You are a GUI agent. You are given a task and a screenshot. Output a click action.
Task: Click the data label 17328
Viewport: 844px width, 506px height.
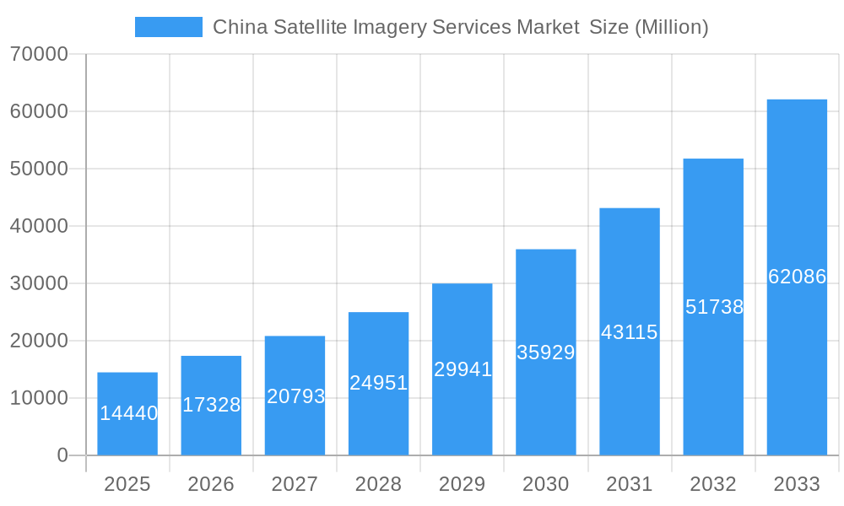(211, 405)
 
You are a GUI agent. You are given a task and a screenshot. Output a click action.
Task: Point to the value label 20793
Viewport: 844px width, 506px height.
(295, 396)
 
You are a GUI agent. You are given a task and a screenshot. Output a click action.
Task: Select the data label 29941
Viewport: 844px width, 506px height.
(463, 369)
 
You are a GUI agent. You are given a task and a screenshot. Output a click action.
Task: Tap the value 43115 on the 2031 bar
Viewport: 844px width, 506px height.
(629, 332)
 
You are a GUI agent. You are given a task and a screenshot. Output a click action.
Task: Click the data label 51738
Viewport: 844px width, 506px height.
(713, 307)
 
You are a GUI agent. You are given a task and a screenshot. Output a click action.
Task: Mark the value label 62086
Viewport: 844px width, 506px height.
(797, 277)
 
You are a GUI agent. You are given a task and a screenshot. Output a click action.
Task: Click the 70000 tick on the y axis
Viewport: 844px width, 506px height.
(39, 55)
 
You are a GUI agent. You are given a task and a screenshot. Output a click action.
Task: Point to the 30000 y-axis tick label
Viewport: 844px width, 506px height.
(39, 283)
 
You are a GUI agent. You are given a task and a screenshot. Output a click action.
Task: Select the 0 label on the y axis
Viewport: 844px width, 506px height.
(62, 455)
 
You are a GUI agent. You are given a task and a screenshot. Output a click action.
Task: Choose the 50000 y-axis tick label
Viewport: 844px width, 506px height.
(39, 169)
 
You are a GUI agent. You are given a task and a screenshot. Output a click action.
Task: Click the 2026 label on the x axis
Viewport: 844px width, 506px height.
(211, 484)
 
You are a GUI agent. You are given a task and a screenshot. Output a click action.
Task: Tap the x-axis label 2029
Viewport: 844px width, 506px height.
(463, 484)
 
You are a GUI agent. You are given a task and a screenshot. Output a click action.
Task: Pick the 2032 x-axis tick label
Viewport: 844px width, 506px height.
(713, 484)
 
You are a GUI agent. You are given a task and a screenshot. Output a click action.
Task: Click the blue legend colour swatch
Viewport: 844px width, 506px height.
(169, 27)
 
